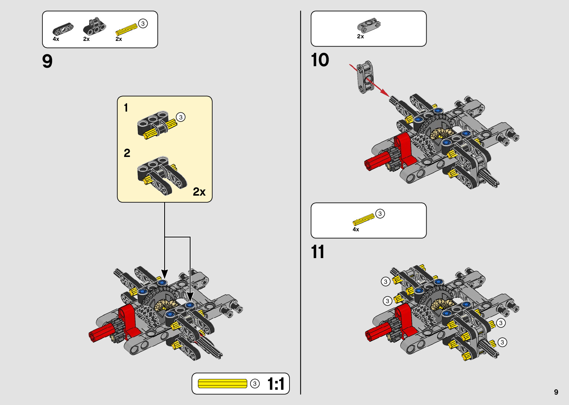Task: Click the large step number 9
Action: coord(47,61)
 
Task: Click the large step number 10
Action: coord(320,60)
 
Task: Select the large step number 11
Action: coord(317,252)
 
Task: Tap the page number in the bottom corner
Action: coord(556,392)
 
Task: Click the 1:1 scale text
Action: coord(276,384)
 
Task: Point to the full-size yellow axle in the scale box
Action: coord(222,383)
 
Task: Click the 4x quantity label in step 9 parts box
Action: coord(56,39)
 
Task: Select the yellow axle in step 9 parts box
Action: coord(126,30)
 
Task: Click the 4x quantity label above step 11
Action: coord(356,229)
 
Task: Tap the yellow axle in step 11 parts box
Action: coord(363,219)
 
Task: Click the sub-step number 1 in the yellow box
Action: coord(126,108)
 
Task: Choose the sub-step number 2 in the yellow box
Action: coord(127,153)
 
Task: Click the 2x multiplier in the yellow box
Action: coord(199,192)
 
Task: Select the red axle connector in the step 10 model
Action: coord(377,161)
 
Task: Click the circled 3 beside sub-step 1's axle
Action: coord(181,117)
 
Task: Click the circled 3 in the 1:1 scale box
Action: coord(255,383)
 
